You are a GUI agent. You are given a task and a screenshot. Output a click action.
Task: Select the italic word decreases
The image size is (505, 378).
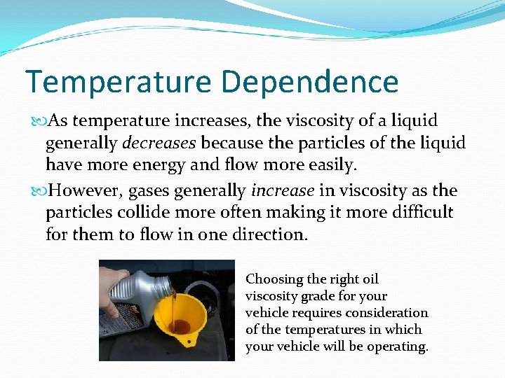(x=159, y=143)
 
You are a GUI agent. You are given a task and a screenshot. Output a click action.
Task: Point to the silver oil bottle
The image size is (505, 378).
(x=144, y=297)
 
